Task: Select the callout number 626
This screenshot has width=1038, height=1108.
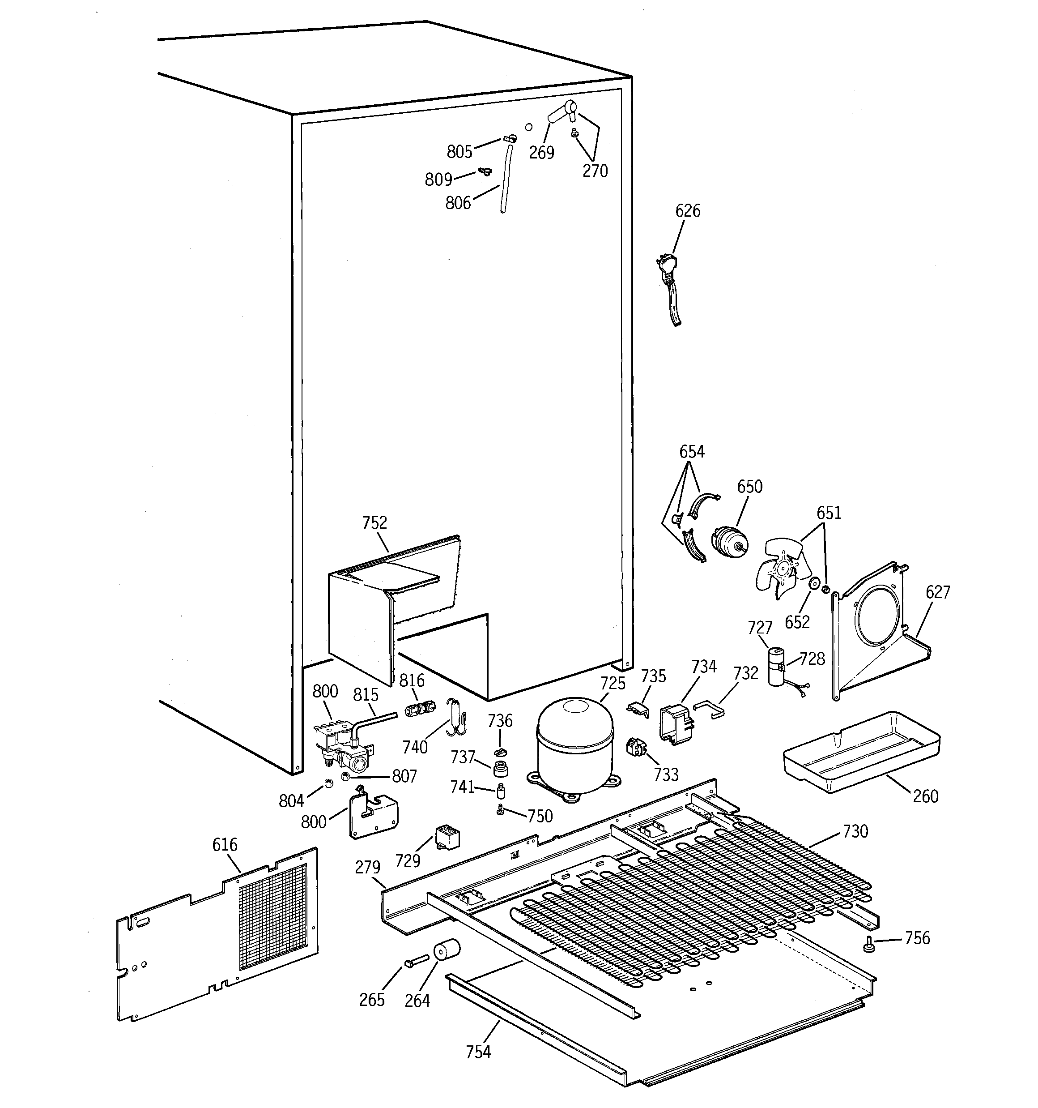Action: pyautogui.click(x=688, y=211)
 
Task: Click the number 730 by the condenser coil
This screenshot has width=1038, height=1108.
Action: pyautogui.click(x=855, y=831)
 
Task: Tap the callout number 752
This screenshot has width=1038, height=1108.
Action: pyautogui.click(x=374, y=523)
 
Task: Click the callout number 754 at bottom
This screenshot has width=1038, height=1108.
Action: pyautogui.click(x=478, y=1052)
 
